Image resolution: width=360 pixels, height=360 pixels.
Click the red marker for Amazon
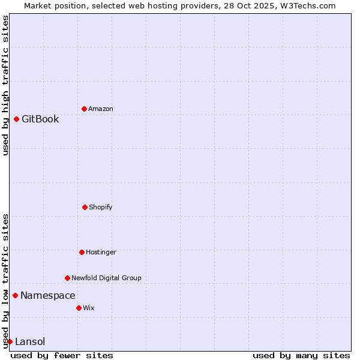[x=84, y=109]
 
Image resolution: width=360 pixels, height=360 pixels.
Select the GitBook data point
[x=16, y=119]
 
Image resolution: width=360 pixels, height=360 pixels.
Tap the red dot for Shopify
[x=85, y=207]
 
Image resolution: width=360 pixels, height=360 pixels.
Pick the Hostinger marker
[x=82, y=252]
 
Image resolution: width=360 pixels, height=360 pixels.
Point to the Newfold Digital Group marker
[x=67, y=278]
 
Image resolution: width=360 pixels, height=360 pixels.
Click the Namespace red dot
[x=15, y=295]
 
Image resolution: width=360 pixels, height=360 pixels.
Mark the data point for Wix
[x=79, y=308]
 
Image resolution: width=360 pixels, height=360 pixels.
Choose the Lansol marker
[x=10, y=341]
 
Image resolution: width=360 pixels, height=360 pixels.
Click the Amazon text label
[x=101, y=109]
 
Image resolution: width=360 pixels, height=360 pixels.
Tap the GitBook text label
[x=40, y=119]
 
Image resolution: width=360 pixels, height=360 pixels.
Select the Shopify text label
[x=101, y=207]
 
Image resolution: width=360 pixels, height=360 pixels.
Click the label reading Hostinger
[x=101, y=252]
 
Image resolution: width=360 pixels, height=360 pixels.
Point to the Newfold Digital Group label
[x=106, y=278]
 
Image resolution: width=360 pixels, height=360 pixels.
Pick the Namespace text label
[x=48, y=295]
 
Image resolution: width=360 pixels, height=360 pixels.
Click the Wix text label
[x=89, y=308]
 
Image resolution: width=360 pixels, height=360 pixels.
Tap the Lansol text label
[x=30, y=341]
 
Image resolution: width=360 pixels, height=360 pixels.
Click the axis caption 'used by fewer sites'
[x=62, y=355]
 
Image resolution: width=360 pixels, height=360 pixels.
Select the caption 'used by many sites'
[x=301, y=355]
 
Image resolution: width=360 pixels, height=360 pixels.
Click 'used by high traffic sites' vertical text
[x=5, y=85]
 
